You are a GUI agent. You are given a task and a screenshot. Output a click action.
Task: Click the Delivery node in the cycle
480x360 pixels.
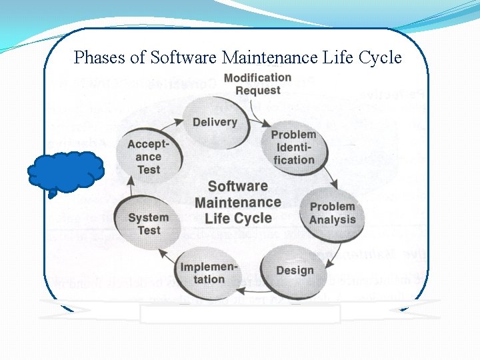[215, 122]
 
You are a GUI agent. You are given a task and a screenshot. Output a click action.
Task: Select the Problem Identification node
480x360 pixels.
[293, 147]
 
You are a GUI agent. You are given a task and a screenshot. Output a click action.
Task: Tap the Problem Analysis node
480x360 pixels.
[332, 213]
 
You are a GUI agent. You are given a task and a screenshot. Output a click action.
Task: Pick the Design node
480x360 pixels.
[295, 270]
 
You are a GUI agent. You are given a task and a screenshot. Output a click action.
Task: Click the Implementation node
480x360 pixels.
[208, 273]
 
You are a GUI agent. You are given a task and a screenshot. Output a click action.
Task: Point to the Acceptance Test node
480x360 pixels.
[148, 157]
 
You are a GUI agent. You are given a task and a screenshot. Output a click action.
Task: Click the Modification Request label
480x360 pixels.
[257, 84]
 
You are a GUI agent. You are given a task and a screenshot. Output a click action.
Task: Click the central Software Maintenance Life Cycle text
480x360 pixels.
[238, 202]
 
